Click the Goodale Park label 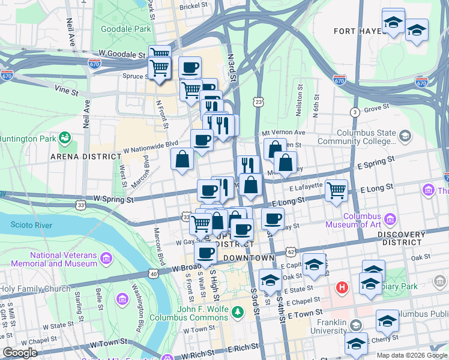[126, 28]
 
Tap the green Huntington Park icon [64, 139]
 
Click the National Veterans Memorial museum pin [106, 259]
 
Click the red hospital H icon [343, 288]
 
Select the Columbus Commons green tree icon [238, 311]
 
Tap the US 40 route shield [154, 274]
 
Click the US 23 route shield [258, 103]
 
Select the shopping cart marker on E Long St [336, 191]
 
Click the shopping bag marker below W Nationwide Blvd [182, 160]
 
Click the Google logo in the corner [20, 353]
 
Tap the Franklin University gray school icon [356, 325]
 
